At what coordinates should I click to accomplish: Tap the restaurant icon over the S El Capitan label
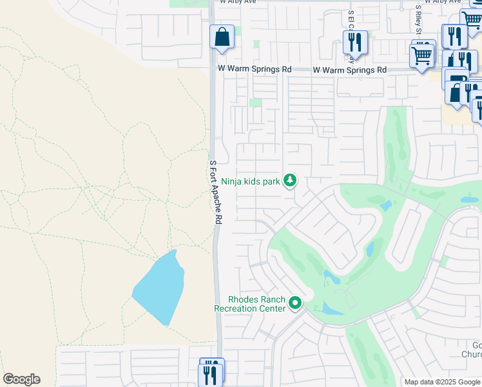pyautogui.click(x=355, y=43)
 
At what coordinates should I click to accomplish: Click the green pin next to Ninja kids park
pyautogui.click(x=290, y=181)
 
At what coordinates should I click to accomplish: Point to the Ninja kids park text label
pyautogui.click(x=251, y=182)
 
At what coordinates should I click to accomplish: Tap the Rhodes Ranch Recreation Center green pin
pyautogui.click(x=295, y=303)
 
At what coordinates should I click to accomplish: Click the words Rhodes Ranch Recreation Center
pyautogui.click(x=256, y=304)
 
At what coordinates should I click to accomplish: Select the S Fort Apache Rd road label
pyautogui.click(x=215, y=192)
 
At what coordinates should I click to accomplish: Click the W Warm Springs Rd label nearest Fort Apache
pyautogui.click(x=255, y=69)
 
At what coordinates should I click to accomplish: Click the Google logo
pyautogui.click(x=21, y=379)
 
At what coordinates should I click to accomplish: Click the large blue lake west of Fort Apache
pyautogui.click(x=160, y=288)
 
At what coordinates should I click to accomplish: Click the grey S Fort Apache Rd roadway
pyautogui.click(x=218, y=271)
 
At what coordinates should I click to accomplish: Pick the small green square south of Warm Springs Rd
pyautogui.click(x=256, y=103)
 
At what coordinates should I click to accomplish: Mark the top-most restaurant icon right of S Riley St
pyautogui.click(x=457, y=35)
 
